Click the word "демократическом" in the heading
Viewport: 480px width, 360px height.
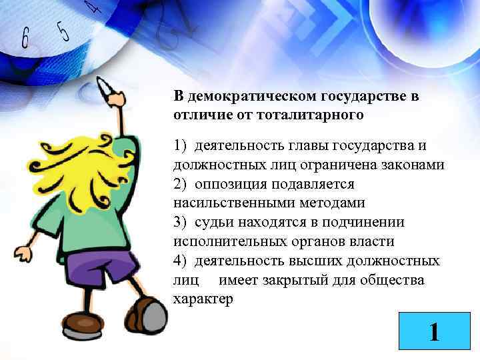coord(249,97)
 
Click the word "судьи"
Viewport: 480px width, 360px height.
coord(213,222)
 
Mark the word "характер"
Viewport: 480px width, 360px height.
coord(203,299)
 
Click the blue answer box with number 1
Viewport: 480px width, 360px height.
coord(434,331)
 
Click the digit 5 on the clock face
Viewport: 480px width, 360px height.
coord(63,31)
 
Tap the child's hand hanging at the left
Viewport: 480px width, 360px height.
coord(22,254)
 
